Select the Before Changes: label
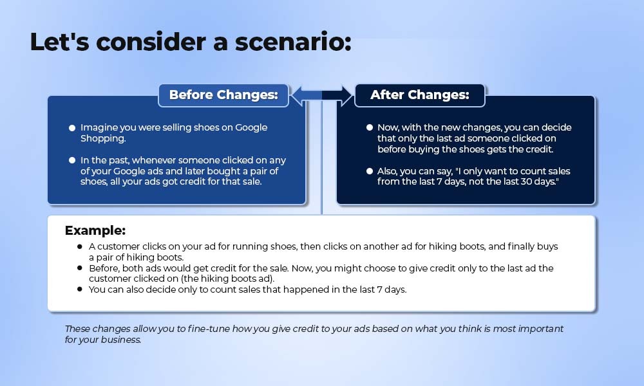click(223, 95)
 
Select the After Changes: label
click(419, 95)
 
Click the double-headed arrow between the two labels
click(321, 95)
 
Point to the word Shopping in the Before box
click(102, 139)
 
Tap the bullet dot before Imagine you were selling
click(72, 128)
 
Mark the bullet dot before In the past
click(72, 160)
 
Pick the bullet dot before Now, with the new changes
click(370, 127)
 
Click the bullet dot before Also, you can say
click(370, 171)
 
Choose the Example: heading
click(95, 230)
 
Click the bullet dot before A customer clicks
click(80, 246)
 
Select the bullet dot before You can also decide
click(80, 289)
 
